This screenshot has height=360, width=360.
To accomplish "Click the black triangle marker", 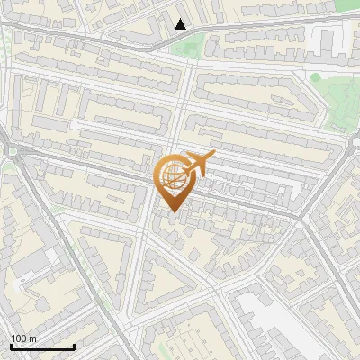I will (181, 24).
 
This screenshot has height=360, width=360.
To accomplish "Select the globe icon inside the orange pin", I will (173, 179).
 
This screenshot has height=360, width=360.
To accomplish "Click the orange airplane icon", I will (198, 164).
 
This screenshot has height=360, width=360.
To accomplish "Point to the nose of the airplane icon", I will (211, 156).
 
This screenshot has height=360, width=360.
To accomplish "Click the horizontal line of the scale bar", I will (42, 347).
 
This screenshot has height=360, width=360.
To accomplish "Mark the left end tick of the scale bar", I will (11, 346).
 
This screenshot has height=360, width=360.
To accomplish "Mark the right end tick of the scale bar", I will (74, 346).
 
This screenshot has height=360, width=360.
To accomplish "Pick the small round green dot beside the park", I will (315, 78).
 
